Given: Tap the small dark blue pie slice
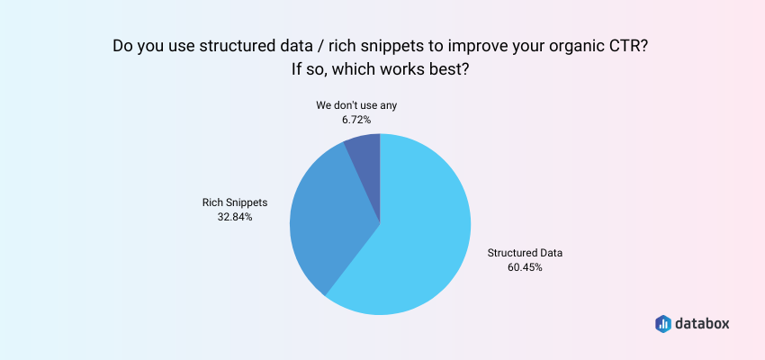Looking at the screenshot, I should pos(365,153).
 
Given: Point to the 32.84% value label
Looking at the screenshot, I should pos(234,217).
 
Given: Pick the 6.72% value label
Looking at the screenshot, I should pos(356,119).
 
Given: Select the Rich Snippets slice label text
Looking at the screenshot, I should pos(234,202).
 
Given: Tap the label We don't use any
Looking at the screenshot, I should pos(356,104).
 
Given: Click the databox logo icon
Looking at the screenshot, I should pos(662,323).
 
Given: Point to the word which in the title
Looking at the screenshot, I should pos(353,69).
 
